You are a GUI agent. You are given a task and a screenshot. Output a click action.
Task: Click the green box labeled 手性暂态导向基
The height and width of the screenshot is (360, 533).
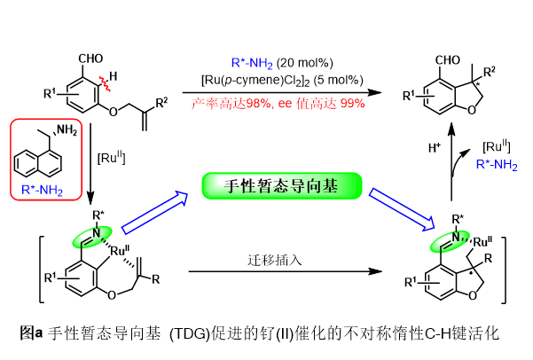click(282, 185)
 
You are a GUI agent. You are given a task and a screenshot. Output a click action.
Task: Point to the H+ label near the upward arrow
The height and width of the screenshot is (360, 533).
click(435, 148)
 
